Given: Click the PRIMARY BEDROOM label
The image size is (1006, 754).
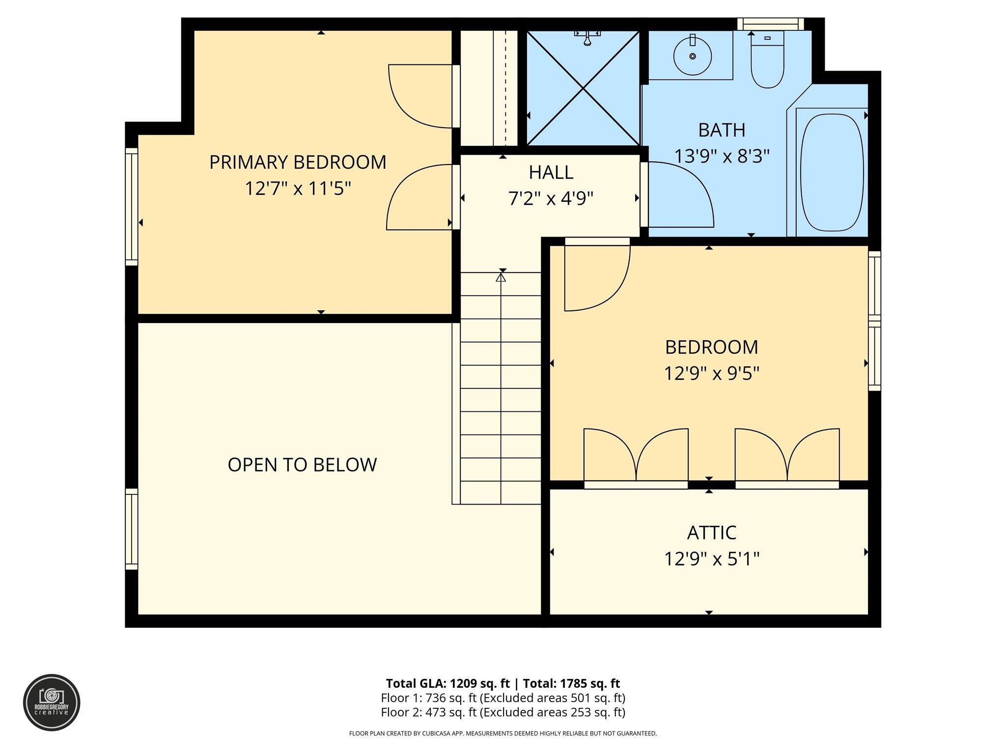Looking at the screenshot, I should [298, 162].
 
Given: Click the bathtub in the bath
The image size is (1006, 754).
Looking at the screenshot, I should [832, 172].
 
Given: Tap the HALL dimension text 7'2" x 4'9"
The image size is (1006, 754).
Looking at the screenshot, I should [551, 199].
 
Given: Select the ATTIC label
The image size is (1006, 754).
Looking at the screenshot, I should [711, 533].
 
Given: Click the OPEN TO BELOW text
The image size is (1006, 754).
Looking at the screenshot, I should [302, 465].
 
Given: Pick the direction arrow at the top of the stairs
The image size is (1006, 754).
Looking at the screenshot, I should [501, 278].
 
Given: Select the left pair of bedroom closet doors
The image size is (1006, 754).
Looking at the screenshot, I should [636, 457].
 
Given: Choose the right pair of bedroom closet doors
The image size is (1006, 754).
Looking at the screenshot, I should [787, 457].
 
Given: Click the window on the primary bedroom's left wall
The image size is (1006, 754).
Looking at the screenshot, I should [131, 207].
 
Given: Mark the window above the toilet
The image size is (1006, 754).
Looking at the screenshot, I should [770, 24].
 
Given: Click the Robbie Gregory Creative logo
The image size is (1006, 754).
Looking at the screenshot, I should [52, 702].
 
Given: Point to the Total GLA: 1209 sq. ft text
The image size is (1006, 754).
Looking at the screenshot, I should [447, 683].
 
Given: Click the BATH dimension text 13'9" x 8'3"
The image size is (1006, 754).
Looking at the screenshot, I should [721, 156].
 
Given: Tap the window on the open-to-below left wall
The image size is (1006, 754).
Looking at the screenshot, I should [131, 529].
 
